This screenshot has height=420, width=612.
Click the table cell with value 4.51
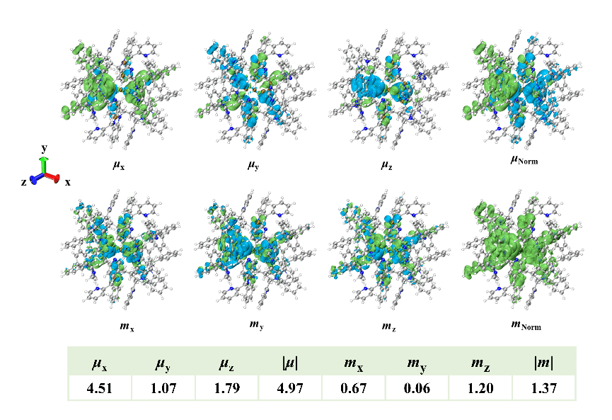[x=100, y=388]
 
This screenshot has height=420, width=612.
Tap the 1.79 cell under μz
[x=226, y=388]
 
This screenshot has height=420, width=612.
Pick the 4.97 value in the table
[x=289, y=388]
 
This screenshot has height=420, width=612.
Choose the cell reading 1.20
[x=480, y=388]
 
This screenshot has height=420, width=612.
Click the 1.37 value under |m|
[x=543, y=388]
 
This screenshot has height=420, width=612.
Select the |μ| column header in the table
[x=289, y=364]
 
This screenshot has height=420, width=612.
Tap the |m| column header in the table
[x=543, y=364]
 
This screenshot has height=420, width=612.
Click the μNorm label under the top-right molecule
[x=524, y=161]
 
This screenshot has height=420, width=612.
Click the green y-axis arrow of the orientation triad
[x=43, y=164]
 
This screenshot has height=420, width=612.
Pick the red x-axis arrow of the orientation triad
[x=53, y=177]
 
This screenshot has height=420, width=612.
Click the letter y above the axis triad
[x=44, y=148]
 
